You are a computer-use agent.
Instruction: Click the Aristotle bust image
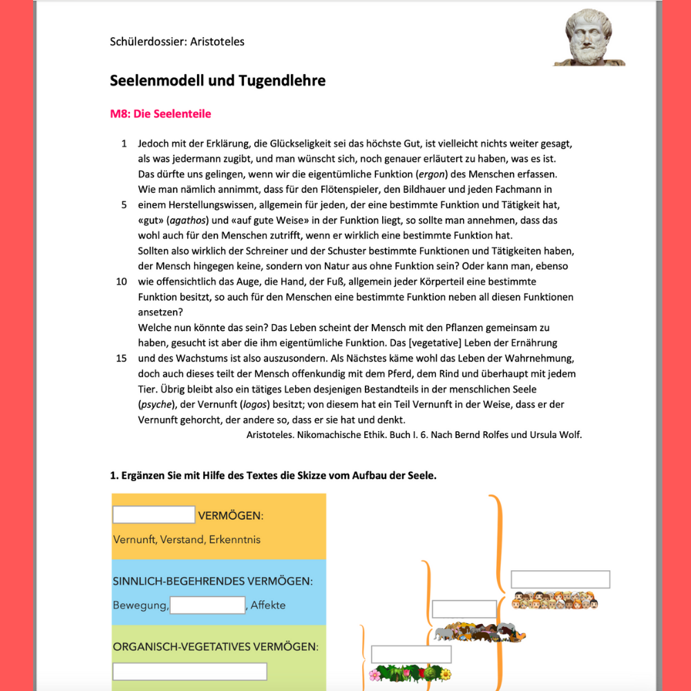[x=589, y=37]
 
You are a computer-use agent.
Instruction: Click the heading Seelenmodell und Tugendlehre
[x=218, y=81]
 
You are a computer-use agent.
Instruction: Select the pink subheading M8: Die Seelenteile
[x=160, y=114]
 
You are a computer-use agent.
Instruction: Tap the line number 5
[x=124, y=205]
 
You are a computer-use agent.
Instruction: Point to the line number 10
[x=122, y=282]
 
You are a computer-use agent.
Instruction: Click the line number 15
[x=122, y=358]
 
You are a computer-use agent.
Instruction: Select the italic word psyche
[x=155, y=404]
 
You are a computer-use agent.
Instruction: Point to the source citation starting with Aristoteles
[x=414, y=435]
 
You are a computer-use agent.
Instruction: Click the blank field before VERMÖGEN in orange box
[x=154, y=515]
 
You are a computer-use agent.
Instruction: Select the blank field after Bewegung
[x=208, y=605]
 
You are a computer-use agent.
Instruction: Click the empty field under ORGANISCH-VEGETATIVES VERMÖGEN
[x=190, y=671]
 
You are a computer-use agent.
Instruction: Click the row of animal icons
[x=480, y=631]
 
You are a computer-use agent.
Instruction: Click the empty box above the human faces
[x=560, y=579]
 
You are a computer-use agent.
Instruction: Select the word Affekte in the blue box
[x=268, y=605]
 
